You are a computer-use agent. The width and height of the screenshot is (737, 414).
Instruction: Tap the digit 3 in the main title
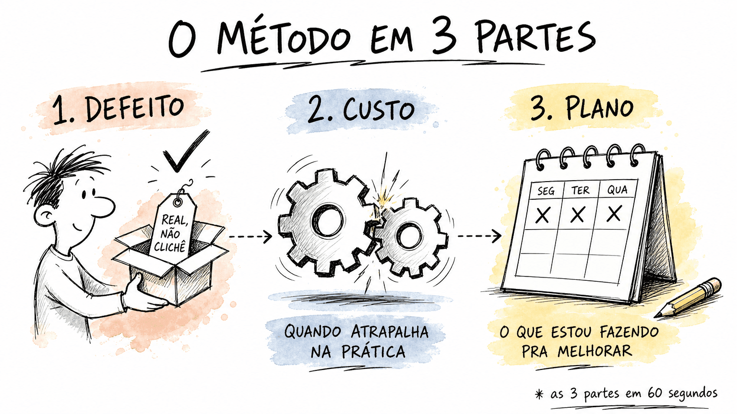click(x=444, y=37)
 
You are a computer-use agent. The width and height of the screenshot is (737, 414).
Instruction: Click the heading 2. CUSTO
click(x=361, y=110)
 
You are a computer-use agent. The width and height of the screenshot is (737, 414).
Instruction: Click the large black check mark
click(x=186, y=151)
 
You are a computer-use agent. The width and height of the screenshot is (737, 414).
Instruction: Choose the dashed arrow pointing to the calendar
click(x=479, y=236)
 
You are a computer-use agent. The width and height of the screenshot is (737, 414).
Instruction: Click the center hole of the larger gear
click(x=328, y=220)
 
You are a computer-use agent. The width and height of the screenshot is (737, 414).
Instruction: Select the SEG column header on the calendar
click(x=546, y=191)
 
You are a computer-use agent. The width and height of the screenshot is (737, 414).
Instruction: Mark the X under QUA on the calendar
click(x=614, y=214)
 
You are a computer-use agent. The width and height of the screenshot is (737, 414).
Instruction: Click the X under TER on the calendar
click(x=577, y=215)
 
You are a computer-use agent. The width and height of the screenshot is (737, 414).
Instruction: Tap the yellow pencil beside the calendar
click(x=688, y=298)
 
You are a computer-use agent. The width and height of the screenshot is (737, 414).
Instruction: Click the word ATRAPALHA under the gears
click(x=390, y=332)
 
